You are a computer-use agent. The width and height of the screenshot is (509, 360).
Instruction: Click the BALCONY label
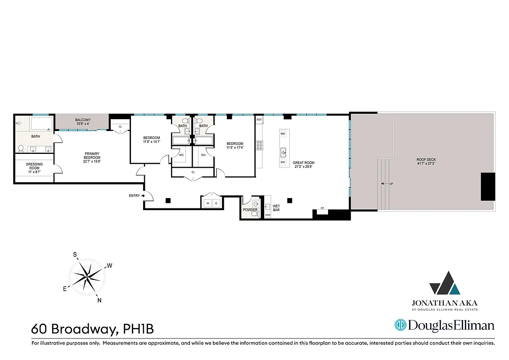(x=83, y=120)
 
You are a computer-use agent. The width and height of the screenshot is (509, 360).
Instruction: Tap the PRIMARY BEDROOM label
(x=92, y=155)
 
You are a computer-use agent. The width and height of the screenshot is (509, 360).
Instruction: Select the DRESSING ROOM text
(x=35, y=166)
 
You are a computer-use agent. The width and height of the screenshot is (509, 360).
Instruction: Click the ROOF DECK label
(x=426, y=160)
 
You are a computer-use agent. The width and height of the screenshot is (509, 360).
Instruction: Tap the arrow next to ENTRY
(x=143, y=196)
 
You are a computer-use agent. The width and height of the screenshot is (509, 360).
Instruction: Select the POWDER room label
(x=250, y=210)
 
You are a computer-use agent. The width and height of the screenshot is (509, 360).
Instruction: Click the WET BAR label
(x=276, y=208)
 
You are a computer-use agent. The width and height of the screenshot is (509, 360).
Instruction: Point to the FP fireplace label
(x=322, y=208)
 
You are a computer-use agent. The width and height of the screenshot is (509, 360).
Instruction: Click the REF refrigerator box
(x=259, y=120)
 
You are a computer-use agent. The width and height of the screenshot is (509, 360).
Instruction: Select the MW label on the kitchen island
(x=283, y=134)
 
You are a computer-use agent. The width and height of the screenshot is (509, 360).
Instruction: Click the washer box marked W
(x=207, y=203)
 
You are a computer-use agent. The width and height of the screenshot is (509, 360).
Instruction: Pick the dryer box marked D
(x=216, y=203)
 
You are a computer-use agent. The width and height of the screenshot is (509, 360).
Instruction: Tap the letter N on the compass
(x=99, y=301)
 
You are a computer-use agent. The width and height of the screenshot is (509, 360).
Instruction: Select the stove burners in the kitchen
(x=259, y=145)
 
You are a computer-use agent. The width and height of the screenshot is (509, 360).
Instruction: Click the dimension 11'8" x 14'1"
(x=152, y=142)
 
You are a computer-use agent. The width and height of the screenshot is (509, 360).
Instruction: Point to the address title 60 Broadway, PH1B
(x=92, y=329)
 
